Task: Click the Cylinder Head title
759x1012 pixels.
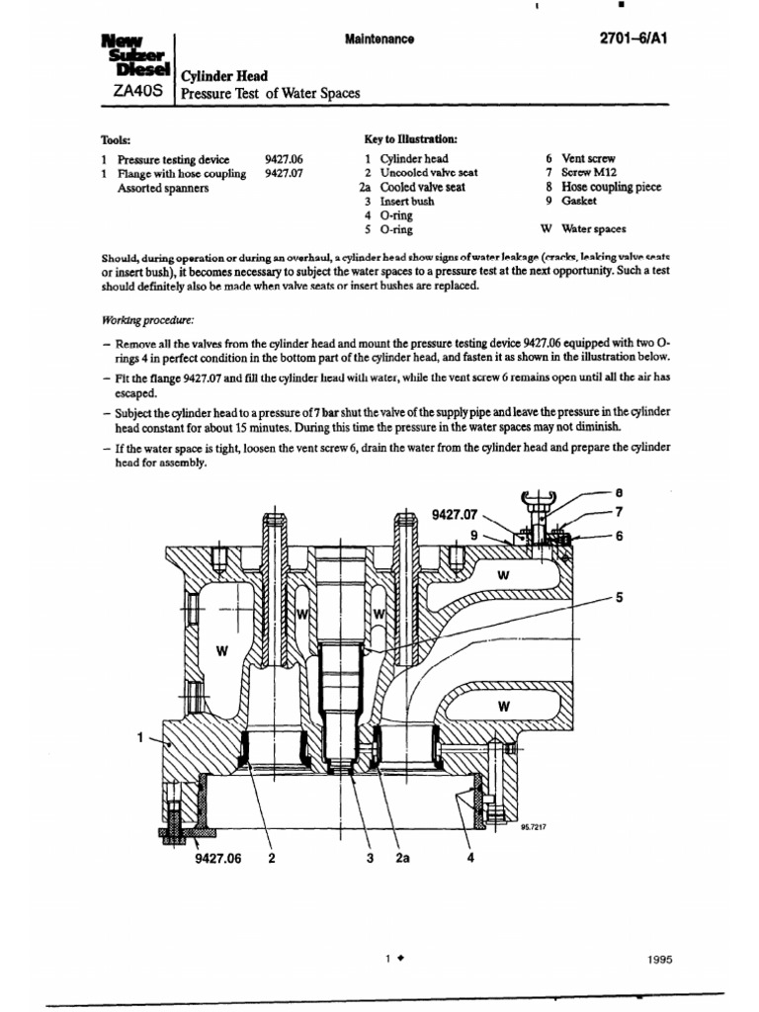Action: click(223, 75)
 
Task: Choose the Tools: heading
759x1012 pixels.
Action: click(116, 140)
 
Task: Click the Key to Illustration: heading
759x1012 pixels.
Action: click(411, 140)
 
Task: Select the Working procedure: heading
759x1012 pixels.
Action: click(148, 320)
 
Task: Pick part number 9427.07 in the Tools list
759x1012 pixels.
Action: click(284, 173)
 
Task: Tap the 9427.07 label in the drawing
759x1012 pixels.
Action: click(455, 515)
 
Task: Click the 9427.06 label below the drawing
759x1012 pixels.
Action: click(218, 859)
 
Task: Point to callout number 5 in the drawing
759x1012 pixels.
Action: click(620, 597)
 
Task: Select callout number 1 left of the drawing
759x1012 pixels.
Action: click(139, 736)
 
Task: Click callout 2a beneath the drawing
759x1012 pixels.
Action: click(402, 859)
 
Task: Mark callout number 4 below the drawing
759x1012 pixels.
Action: click(470, 859)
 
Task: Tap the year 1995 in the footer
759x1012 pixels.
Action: click(661, 959)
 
